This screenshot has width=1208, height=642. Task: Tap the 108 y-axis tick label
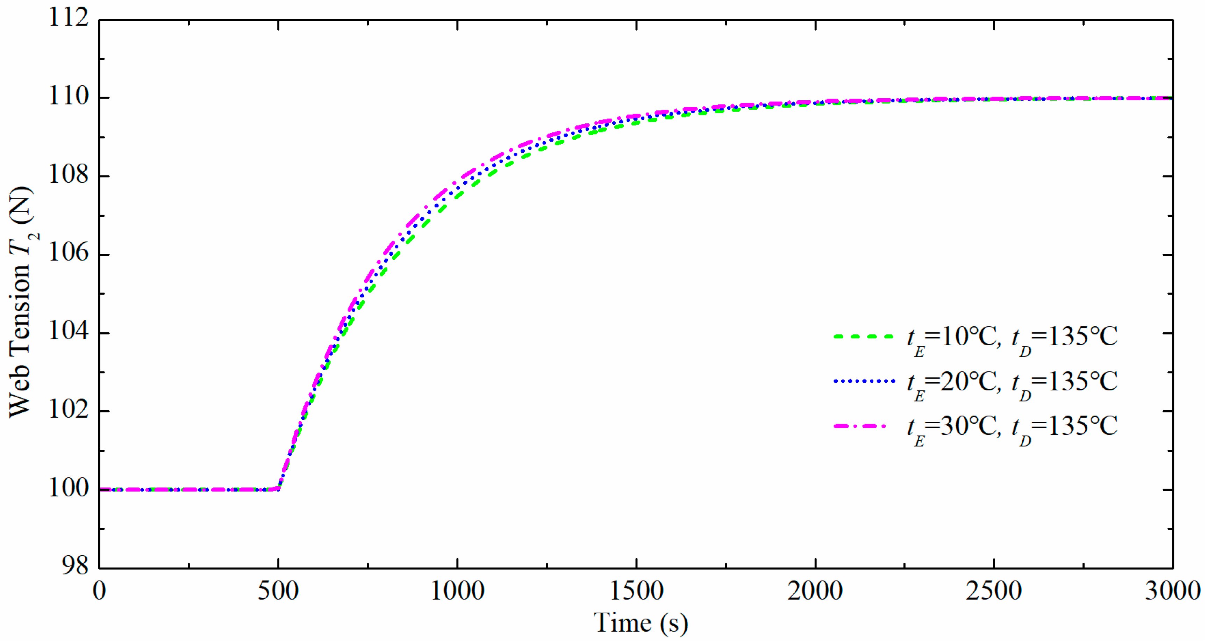(69, 175)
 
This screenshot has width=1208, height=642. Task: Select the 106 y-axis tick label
(69, 253)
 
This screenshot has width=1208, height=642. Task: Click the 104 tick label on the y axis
(69, 332)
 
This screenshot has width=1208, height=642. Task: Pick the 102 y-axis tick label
(69, 410)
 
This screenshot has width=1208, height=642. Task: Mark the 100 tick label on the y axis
(69, 488)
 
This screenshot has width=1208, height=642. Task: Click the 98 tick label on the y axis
(75, 566)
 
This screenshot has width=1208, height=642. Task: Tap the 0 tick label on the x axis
(99, 591)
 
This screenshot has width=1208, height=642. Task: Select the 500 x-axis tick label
(278, 591)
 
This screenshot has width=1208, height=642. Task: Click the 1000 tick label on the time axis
(457, 591)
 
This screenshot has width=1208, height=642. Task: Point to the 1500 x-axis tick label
(636, 591)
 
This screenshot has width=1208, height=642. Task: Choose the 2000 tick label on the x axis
(815, 591)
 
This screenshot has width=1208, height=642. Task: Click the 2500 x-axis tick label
(994, 591)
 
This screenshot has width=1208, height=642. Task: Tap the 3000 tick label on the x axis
(1172, 591)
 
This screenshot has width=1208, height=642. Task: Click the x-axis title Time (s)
(641, 623)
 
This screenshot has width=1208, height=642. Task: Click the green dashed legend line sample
(863, 337)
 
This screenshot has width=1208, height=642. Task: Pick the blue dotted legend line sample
(863, 381)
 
